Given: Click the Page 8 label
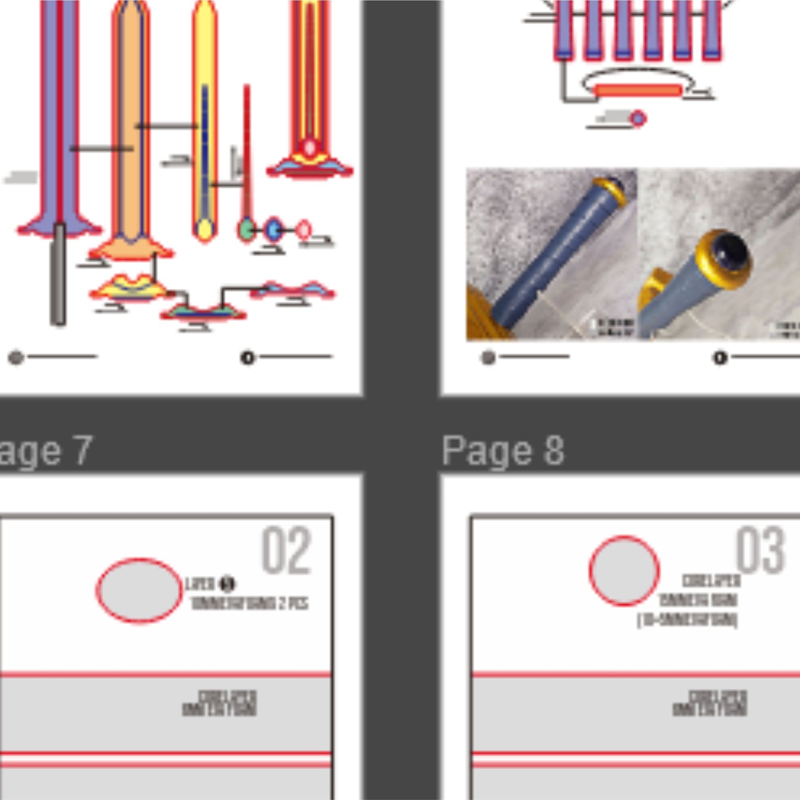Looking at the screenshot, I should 503,451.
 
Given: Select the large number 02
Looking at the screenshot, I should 286,551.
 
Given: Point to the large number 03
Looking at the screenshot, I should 760,551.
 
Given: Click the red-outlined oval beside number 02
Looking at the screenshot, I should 139,590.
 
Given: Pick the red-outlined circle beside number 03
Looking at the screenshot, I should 624,570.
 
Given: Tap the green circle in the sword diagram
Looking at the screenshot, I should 246,229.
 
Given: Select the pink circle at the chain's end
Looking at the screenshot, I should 303,230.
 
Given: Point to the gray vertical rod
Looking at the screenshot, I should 58,274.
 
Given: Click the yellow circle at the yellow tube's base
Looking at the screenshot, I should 205,229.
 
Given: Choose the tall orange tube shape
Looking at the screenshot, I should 130,122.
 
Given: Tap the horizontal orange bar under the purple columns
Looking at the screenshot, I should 638,91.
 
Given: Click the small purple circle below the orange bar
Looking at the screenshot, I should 638,118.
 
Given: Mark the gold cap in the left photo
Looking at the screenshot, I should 611,190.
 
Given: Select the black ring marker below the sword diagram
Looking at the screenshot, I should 247,358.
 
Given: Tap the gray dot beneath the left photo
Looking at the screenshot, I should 488,358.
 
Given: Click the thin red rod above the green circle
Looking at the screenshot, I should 247,149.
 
